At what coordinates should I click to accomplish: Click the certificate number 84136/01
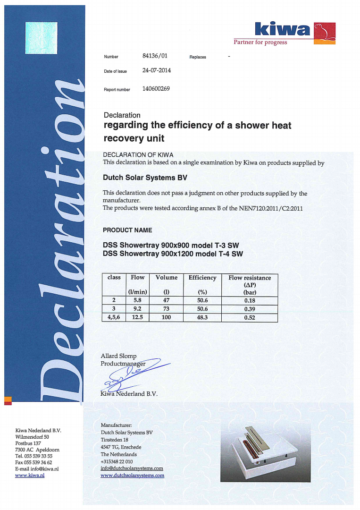pyautogui.click(x=155, y=56)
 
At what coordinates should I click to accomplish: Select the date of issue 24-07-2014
pyautogui.click(x=157, y=70)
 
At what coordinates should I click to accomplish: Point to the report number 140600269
pyautogui.click(x=156, y=88)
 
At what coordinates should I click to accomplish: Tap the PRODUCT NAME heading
pyautogui.click(x=127, y=230)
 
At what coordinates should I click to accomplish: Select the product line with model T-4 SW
pyautogui.click(x=173, y=254)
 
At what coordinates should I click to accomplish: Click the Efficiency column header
pyautogui.click(x=202, y=278)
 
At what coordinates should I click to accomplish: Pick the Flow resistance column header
pyautogui.click(x=250, y=278)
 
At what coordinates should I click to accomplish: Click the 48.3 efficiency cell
pyautogui.click(x=202, y=318)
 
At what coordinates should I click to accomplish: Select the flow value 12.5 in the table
pyautogui.click(x=137, y=318)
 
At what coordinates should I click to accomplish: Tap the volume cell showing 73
pyautogui.click(x=166, y=309)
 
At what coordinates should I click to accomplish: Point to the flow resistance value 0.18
pyautogui.click(x=250, y=300)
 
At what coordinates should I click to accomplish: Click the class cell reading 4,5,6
pyautogui.click(x=114, y=318)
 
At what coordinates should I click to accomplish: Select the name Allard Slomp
pyautogui.click(x=118, y=356)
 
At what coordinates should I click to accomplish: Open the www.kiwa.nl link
pyautogui.click(x=30, y=476)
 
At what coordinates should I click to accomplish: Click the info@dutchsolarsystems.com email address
pyautogui.click(x=132, y=468)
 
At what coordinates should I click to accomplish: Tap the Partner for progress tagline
pyautogui.click(x=260, y=42)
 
